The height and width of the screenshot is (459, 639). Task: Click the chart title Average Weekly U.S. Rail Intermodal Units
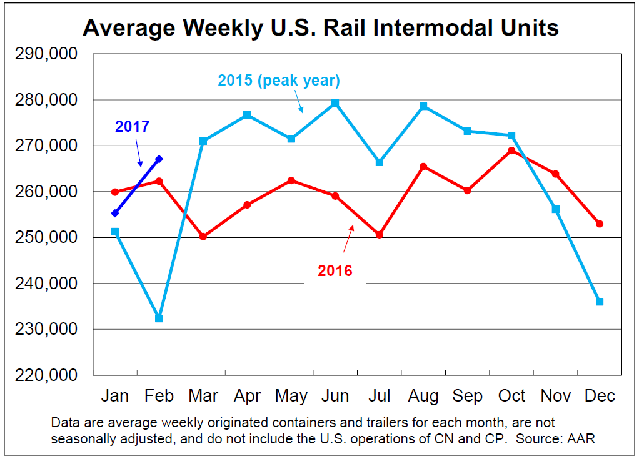pyautogui.click(x=320, y=28)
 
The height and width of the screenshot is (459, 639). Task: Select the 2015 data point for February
pyautogui.click(x=159, y=318)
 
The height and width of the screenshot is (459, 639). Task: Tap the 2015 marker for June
pyautogui.click(x=335, y=103)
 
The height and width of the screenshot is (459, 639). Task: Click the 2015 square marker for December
pyautogui.click(x=600, y=302)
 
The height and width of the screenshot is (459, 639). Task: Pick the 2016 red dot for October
pyautogui.click(x=511, y=151)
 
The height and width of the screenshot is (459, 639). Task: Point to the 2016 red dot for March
pyautogui.click(x=203, y=237)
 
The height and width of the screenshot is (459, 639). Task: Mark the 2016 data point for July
pyautogui.click(x=380, y=235)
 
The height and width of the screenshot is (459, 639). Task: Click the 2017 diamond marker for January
pyautogui.click(x=115, y=214)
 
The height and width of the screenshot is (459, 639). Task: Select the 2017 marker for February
pyautogui.click(x=159, y=159)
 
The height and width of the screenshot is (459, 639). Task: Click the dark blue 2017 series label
pyautogui.click(x=133, y=127)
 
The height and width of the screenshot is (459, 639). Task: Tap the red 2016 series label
pyautogui.click(x=335, y=271)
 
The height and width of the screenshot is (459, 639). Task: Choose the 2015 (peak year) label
pyautogui.click(x=279, y=81)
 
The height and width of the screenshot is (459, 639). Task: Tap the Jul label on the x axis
pyautogui.click(x=380, y=397)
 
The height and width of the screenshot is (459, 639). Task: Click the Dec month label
pyautogui.click(x=600, y=397)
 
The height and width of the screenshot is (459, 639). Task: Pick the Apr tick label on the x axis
pyautogui.click(x=247, y=397)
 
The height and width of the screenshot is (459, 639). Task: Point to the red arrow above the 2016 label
pyautogui.click(x=348, y=235)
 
